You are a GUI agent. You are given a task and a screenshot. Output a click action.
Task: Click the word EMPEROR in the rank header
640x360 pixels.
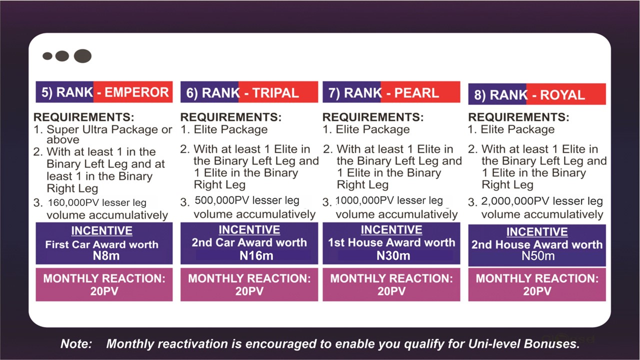pyautogui.click(x=136, y=92)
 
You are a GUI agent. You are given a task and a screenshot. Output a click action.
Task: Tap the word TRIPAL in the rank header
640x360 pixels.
pyautogui.click(x=275, y=93)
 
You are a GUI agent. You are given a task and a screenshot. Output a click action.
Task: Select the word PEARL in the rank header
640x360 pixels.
pyautogui.click(x=416, y=93)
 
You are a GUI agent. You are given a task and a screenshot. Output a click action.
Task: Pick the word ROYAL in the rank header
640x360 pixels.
pyautogui.click(x=562, y=95)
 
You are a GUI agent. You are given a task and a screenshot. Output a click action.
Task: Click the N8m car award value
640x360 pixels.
pyautogui.click(x=106, y=255)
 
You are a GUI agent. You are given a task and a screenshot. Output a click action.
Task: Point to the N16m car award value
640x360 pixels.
pyautogui.click(x=256, y=255)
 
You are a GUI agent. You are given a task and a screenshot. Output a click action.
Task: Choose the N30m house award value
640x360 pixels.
pyautogui.click(x=393, y=255)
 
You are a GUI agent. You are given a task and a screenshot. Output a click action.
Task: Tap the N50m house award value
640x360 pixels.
pyautogui.click(x=538, y=256)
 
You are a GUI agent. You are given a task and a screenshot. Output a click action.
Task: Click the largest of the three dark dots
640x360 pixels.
pyautogui.click(x=82, y=55)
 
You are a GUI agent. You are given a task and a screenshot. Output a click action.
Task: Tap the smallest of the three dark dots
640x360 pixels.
pyautogui.click(x=47, y=56)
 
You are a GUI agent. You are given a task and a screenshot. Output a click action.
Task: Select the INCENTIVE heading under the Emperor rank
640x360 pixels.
pyautogui.click(x=101, y=231)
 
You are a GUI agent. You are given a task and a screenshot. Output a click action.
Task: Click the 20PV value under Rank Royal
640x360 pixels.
pyautogui.click(x=537, y=291)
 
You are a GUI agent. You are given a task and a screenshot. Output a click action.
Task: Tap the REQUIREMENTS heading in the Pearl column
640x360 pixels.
pyautogui.click(x=373, y=117)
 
